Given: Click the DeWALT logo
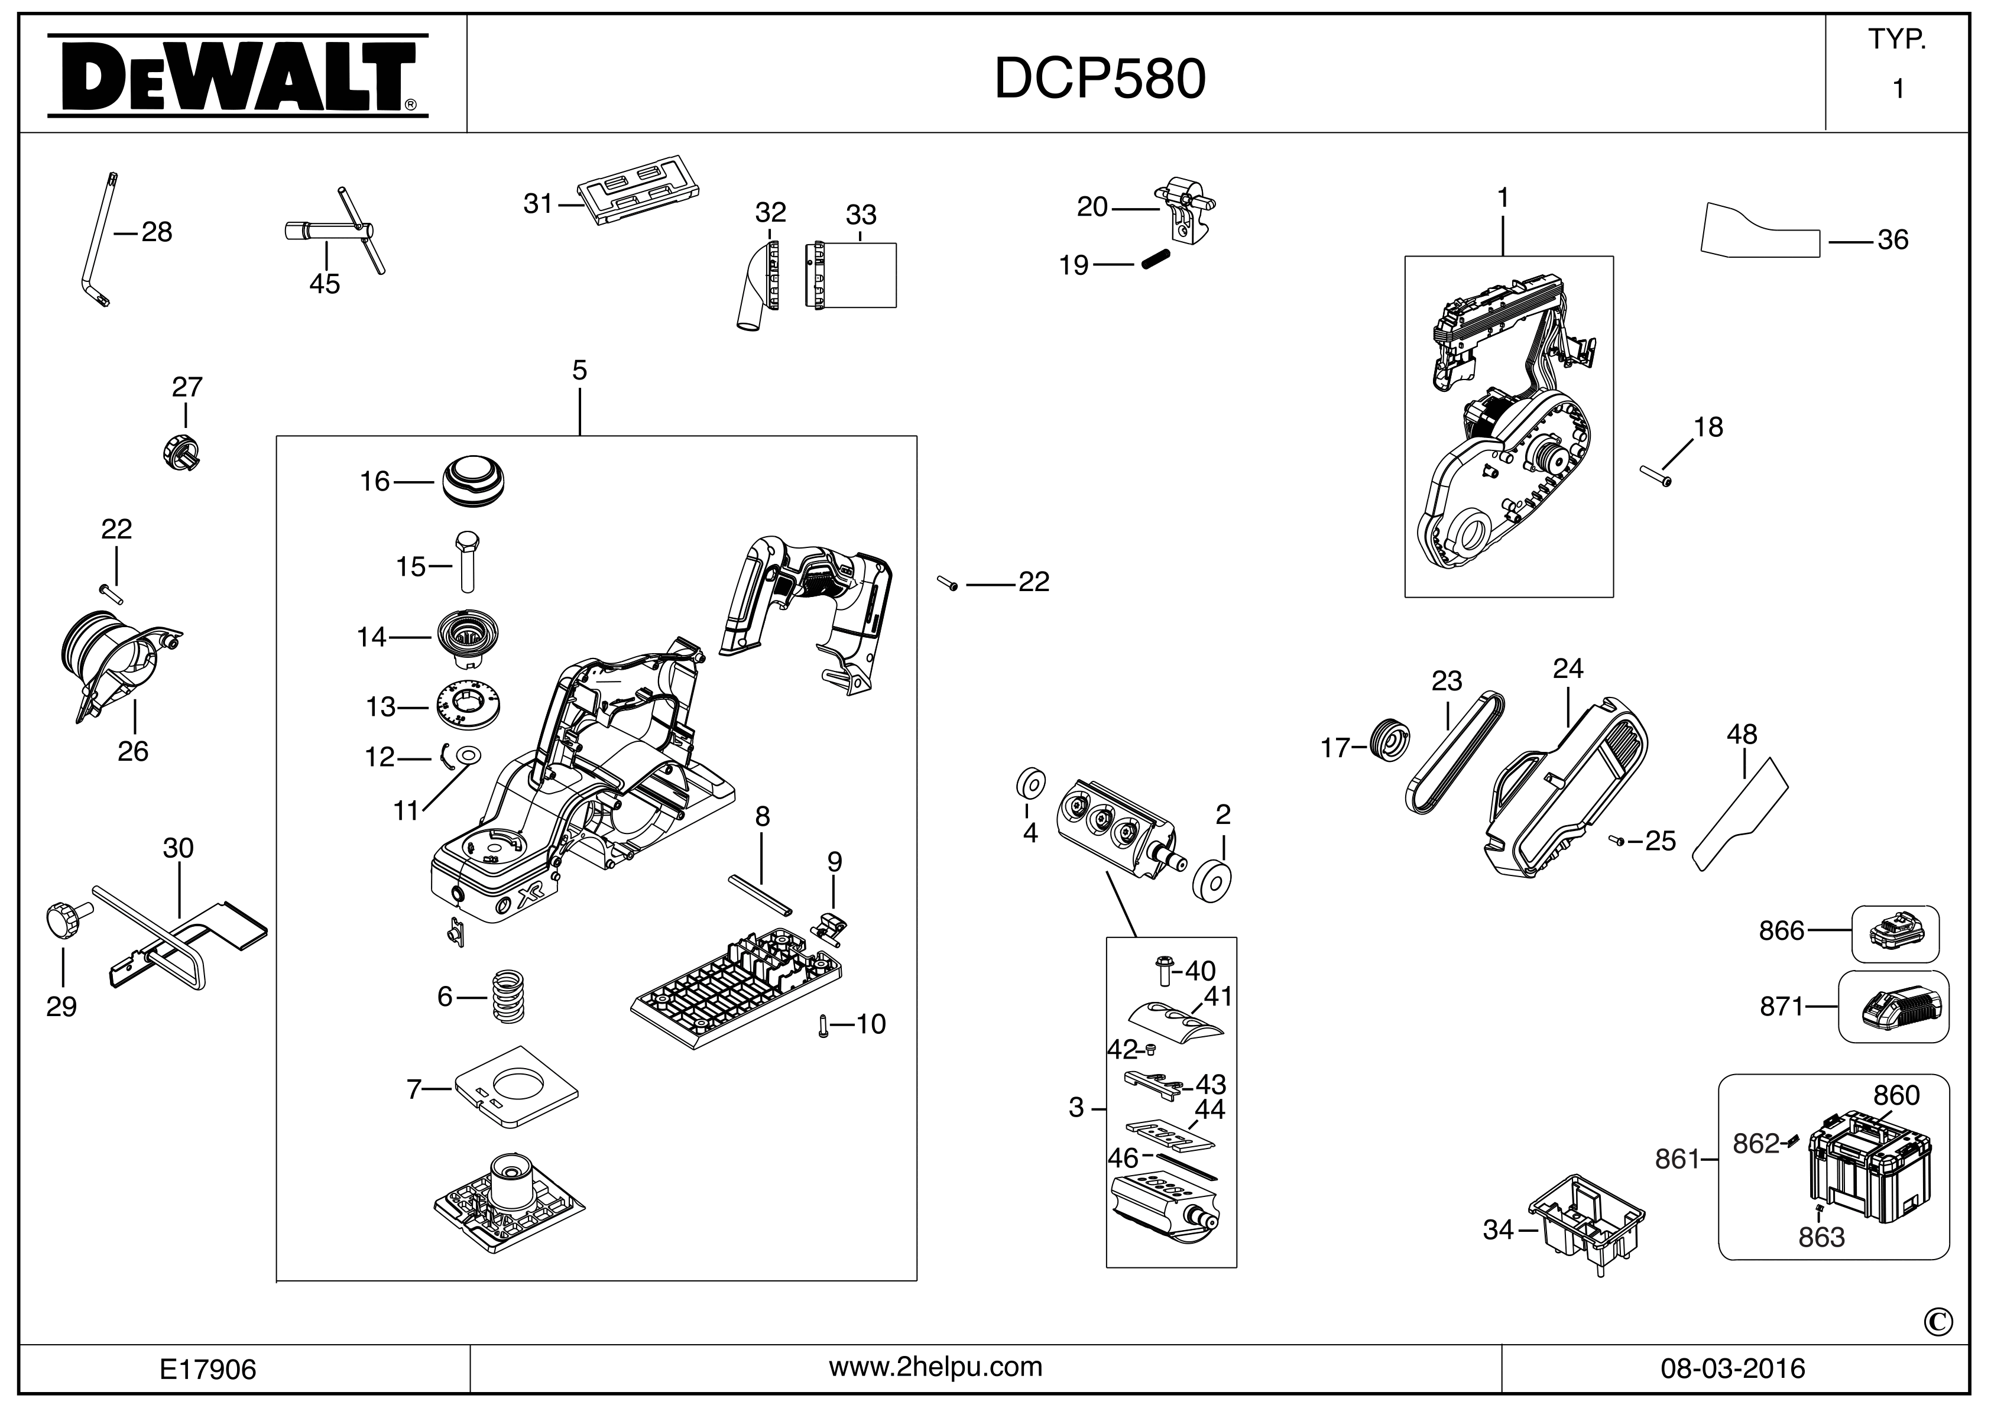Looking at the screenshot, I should [236, 76].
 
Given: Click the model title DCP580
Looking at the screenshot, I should [1100, 80].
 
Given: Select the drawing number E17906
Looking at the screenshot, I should [208, 1370].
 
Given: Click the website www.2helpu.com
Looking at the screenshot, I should [936, 1367].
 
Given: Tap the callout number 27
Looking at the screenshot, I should [187, 387].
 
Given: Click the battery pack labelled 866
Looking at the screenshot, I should [1896, 934].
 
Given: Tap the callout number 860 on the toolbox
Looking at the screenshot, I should [1896, 1095].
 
